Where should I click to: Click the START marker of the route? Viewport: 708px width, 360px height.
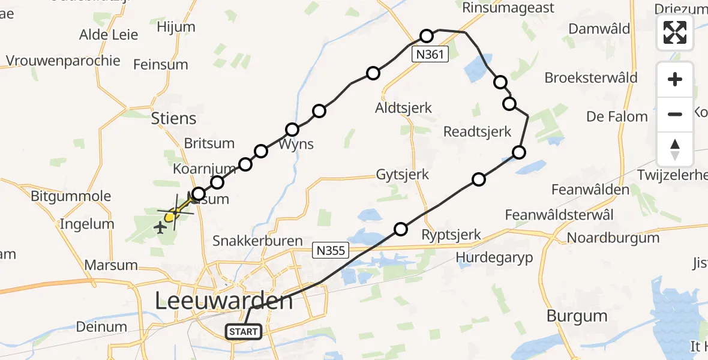pos(244,331)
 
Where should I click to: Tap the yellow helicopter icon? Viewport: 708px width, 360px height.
pos(171,214)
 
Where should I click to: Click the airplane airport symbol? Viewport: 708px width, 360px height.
pos(160,227)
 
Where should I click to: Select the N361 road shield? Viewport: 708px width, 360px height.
pos(431,55)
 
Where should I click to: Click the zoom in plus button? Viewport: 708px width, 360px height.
pos(675,79)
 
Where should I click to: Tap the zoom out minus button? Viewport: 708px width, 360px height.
pos(675,114)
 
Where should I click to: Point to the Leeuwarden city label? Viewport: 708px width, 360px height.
pos(224,300)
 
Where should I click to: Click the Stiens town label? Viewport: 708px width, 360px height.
pos(174,118)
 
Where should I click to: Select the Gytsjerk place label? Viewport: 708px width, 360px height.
pos(403,175)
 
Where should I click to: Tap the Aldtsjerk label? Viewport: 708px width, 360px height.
pos(403,109)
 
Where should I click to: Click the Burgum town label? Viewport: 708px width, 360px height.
pos(577,316)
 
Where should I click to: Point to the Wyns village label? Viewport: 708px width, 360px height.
pos(296,145)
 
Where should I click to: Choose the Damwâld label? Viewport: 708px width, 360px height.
pos(599,29)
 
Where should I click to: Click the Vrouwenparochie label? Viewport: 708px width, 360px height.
pos(63,61)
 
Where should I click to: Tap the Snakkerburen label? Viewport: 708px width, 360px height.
pos(258,241)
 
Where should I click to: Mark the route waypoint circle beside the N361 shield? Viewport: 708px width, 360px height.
pos(426,36)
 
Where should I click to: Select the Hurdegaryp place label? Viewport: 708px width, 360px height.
pos(494,257)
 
